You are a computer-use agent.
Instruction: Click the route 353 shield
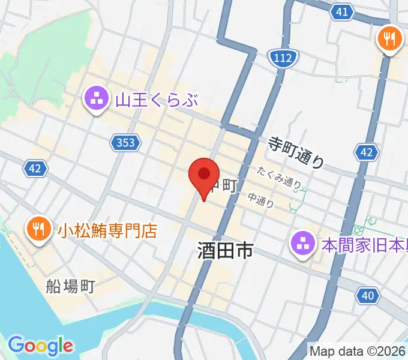(126, 142)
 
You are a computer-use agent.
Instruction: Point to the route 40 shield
(368, 295)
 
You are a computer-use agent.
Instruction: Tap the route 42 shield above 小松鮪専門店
(35, 169)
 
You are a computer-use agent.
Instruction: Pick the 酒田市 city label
(225, 251)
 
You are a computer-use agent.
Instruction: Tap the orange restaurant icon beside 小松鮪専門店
(37, 228)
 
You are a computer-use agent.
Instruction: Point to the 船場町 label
(71, 286)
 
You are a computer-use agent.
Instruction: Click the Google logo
(41, 346)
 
